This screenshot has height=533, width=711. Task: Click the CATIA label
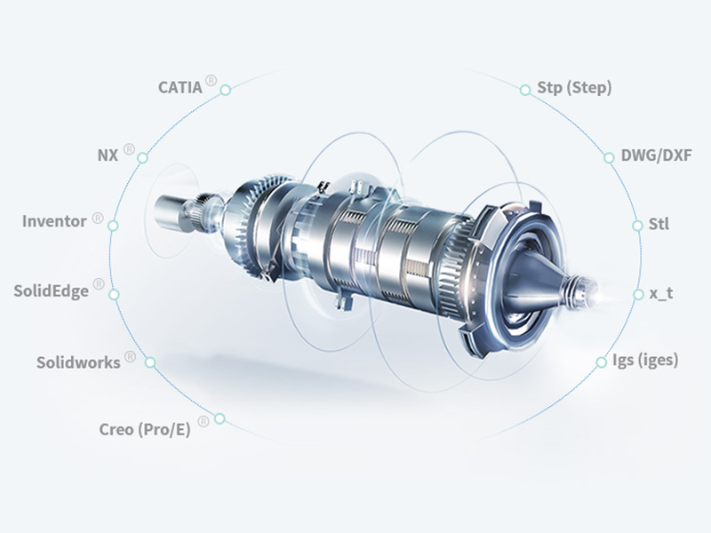pyautogui.click(x=180, y=87)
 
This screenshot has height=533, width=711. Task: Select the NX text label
pyautogui.click(x=108, y=155)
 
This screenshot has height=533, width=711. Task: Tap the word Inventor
pyautogui.click(x=54, y=221)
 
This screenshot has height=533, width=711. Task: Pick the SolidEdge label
pyautogui.click(x=52, y=290)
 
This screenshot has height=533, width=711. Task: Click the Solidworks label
pyautogui.click(x=78, y=362)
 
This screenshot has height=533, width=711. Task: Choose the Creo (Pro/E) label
pyautogui.click(x=145, y=430)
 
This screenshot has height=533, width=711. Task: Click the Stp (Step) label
pyautogui.click(x=574, y=87)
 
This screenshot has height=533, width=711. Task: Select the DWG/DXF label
pyautogui.click(x=656, y=155)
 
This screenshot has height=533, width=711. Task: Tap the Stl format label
pyautogui.click(x=659, y=224)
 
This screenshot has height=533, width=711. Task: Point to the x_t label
pyautogui.click(x=661, y=293)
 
